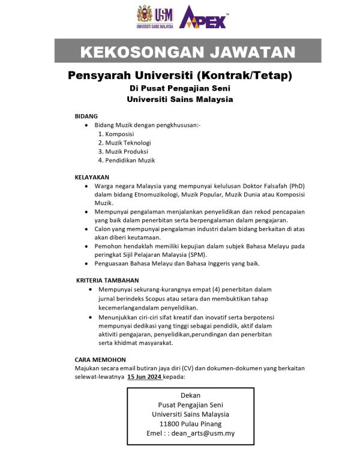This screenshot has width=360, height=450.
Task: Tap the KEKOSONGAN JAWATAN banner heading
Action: click(187, 51)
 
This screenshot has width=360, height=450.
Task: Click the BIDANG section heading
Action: click(86, 115)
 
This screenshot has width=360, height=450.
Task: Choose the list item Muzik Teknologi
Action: click(125, 143)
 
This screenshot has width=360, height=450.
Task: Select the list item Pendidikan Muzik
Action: click(127, 160)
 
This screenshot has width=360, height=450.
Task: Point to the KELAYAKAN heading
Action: click(92, 178)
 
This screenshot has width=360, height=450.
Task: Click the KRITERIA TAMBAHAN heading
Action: click(107, 280)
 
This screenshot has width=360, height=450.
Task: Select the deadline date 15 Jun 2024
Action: click(145, 377)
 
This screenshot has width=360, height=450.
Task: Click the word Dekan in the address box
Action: click(190, 395)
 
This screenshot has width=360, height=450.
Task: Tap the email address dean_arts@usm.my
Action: click(202, 433)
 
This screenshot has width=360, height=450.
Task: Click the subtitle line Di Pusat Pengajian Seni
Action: click(180, 89)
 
